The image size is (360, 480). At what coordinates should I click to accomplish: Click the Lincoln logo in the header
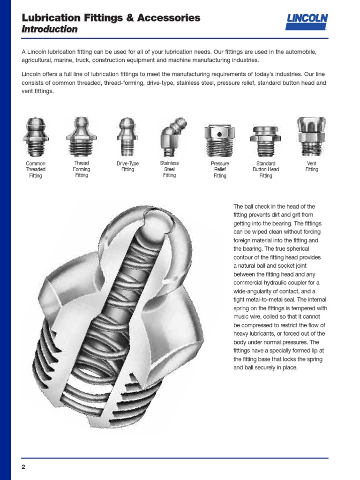[307, 22]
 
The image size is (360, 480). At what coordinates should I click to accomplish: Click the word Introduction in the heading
[50, 30]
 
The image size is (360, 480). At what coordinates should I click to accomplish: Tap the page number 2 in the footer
[23, 466]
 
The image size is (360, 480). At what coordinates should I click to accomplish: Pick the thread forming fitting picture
[82, 136]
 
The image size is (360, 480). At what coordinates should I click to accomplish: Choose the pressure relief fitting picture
[219, 139]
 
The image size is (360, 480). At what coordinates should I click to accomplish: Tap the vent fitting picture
[311, 135]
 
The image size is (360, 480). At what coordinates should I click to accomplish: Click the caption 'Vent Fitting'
[311, 166]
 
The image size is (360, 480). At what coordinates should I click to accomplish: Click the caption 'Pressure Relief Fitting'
[219, 170]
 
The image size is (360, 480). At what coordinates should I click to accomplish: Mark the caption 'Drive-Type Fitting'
[127, 166]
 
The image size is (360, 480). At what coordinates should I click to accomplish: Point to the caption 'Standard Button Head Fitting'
[265, 170]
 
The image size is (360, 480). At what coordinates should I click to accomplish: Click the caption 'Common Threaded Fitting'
[35, 170]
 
